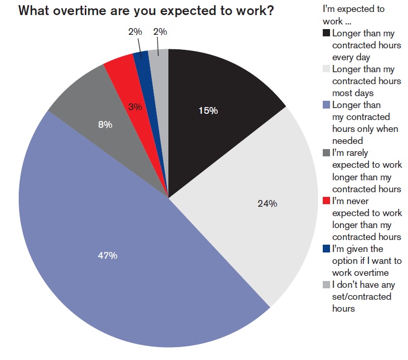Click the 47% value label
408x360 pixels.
coord(108,256)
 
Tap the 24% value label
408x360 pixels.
coord(267,204)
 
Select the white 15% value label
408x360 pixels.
coord(208,110)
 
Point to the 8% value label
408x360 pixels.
coord(106,125)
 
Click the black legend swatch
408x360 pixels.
coord(326,33)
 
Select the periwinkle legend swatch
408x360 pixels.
coord(326,105)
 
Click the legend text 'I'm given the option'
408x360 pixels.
coord(365,249)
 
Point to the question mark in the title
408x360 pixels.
coord(270,11)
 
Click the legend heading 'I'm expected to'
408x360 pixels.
coord(353,9)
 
